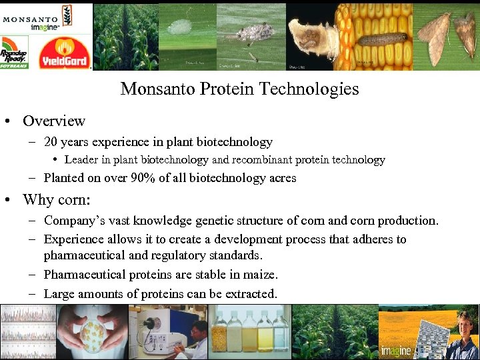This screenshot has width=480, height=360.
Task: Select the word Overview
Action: click(54, 121)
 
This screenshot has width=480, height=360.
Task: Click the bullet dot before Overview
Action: click(8, 121)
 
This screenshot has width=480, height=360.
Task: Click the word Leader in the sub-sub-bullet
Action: click(81, 160)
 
